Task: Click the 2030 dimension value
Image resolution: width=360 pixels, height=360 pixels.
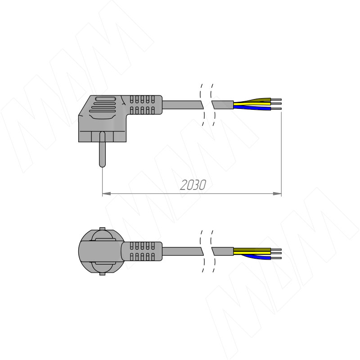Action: pyautogui.click(x=193, y=185)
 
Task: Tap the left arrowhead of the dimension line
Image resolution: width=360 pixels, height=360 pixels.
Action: pyautogui.click(x=106, y=194)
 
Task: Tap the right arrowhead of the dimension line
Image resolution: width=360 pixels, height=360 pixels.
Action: pyautogui.click(x=277, y=194)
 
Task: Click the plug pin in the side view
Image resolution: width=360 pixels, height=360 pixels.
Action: pyautogui.click(x=102, y=149)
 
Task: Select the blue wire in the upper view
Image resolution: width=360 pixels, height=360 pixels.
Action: pyautogui.click(x=252, y=108)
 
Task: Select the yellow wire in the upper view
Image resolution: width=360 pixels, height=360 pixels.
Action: pyautogui.click(x=252, y=104)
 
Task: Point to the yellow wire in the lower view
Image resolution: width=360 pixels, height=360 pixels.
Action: pyautogui.click(x=252, y=253)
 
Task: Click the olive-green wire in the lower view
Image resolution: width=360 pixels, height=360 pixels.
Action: pyautogui.click(x=252, y=250)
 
